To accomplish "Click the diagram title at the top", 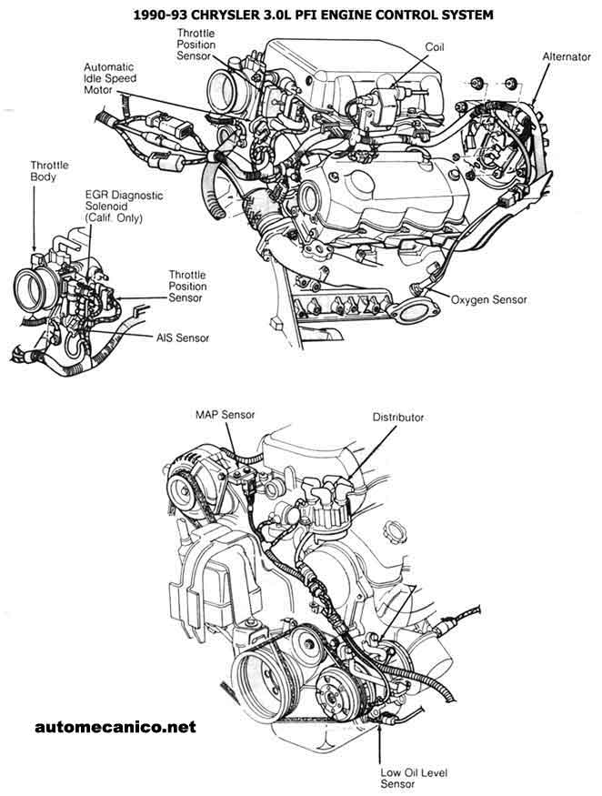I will (301, 15).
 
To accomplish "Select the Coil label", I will (435, 45).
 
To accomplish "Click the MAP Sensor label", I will (223, 416).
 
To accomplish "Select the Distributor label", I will (398, 418).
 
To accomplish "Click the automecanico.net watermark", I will (115, 727).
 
